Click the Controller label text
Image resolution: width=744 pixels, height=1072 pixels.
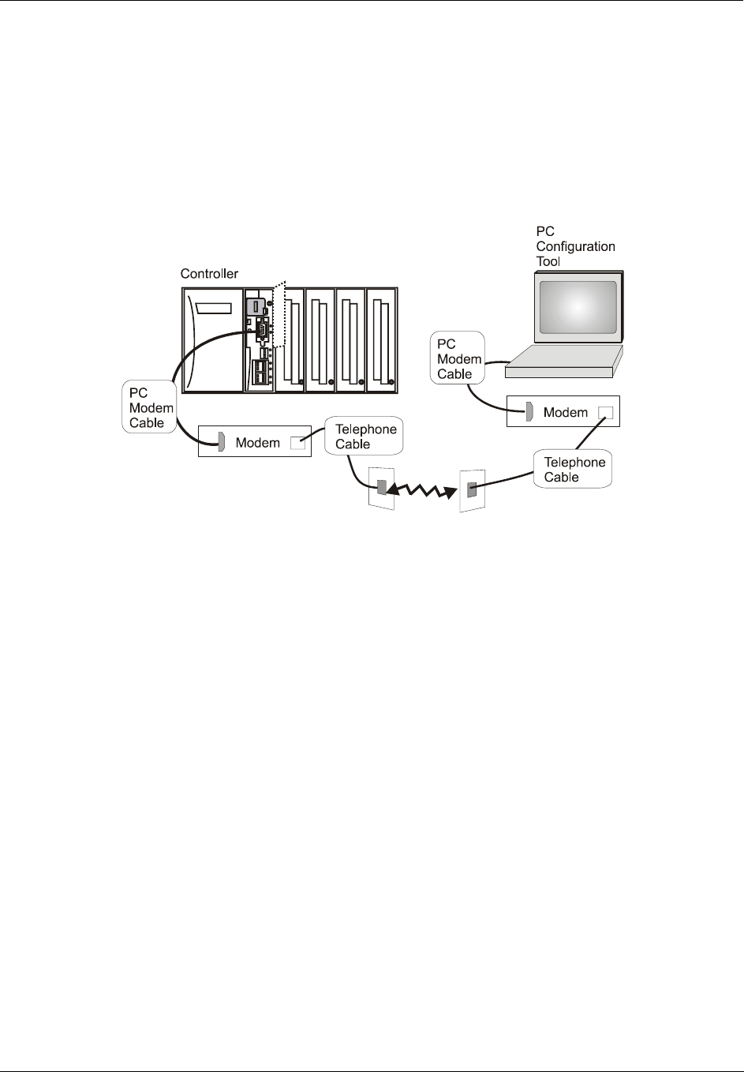click(209, 274)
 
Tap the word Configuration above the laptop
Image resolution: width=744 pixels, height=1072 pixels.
click(575, 246)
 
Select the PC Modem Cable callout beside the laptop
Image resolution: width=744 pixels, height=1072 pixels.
click(458, 359)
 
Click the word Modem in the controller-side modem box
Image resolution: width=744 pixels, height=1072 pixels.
click(258, 443)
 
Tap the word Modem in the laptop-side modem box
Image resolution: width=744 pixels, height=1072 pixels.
click(566, 412)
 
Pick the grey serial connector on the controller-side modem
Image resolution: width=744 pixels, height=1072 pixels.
click(222, 443)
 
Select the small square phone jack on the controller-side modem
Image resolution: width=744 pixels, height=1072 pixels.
click(297, 443)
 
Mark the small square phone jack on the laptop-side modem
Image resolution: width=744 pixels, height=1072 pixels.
click(605, 412)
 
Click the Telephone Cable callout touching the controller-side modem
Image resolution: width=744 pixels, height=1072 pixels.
click(365, 437)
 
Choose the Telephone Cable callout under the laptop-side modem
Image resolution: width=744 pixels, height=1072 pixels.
click(574, 470)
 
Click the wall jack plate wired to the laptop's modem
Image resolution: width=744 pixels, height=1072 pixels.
click(472, 489)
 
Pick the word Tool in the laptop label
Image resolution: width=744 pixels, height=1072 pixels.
click(548, 261)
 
